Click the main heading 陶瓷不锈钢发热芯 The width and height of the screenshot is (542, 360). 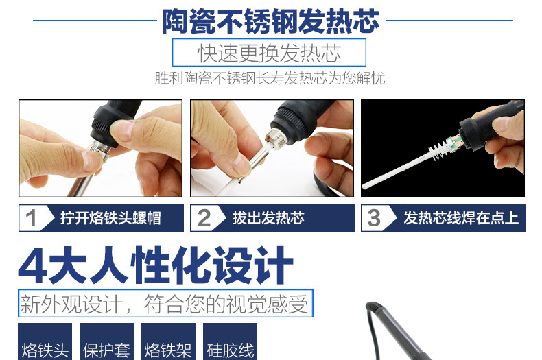[270, 21]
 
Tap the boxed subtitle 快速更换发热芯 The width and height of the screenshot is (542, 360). [269, 53]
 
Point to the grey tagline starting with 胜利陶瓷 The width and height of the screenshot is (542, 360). [270, 78]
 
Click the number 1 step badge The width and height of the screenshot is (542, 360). [31, 218]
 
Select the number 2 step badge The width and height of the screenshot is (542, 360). [204, 218]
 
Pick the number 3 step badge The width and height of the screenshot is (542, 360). [375, 218]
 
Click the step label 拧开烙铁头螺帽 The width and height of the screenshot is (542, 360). [110, 218]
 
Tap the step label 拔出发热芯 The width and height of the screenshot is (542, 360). [268, 218]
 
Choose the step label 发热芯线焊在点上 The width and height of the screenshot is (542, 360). [461, 218]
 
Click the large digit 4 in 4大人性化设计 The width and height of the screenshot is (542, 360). [33, 265]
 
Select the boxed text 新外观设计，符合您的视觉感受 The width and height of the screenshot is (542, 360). [165, 304]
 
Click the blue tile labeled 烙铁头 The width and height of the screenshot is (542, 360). [45, 341]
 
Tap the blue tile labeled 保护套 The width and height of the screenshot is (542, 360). [106, 341]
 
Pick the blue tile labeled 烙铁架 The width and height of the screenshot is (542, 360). [168, 341]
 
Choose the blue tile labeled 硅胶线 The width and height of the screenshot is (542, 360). [231, 341]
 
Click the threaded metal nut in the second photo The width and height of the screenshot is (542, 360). [276, 139]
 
